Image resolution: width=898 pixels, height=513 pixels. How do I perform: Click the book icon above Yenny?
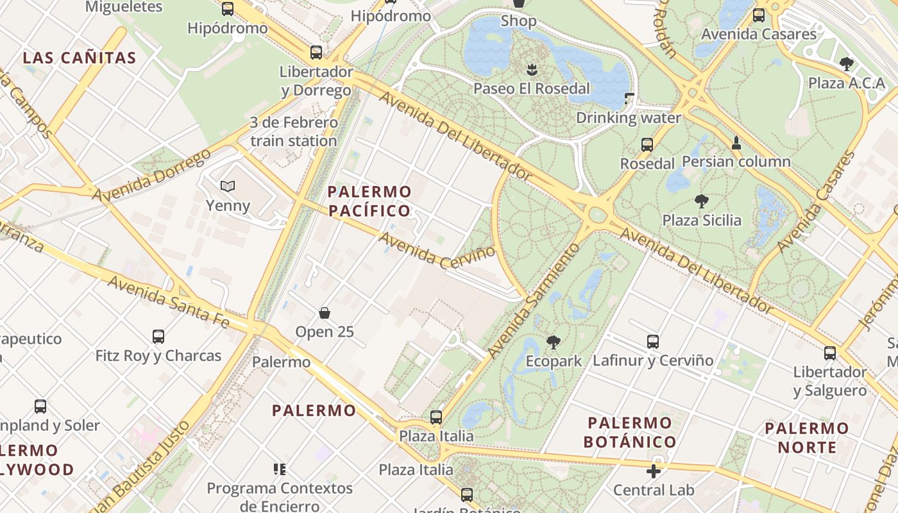pyautogui.click(x=228, y=186)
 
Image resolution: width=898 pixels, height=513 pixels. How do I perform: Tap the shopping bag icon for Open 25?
pyautogui.click(x=325, y=313)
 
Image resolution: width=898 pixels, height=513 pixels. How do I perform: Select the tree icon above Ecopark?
pyautogui.click(x=554, y=342)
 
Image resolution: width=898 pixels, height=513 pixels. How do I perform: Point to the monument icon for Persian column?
pyautogui.click(x=736, y=142)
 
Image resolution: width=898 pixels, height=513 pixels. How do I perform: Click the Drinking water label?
pyautogui.click(x=629, y=118)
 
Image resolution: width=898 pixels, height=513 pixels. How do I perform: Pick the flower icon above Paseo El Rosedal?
pyautogui.click(x=531, y=69)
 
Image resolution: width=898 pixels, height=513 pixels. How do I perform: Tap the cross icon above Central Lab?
pyautogui.click(x=654, y=471)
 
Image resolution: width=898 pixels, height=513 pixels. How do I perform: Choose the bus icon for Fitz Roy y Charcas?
pyautogui.click(x=158, y=336)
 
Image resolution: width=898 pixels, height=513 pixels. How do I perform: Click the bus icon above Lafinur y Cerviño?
pyautogui.click(x=653, y=342)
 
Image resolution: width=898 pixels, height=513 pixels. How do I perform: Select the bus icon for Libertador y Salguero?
pyautogui.click(x=830, y=353)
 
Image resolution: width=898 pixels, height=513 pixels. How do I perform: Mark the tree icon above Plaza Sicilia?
pyautogui.click(x=702, y=201)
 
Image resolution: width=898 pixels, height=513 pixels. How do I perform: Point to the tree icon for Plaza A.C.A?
pyautogui.click(x=847, y=63)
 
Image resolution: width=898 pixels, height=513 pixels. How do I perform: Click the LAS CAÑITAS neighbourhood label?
pyautogui.click(x=80, y=58)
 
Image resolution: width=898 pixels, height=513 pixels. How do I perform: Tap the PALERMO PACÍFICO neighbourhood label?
pyautogui.click(x=369, y=201)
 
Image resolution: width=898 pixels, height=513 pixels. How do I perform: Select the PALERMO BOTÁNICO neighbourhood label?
pyautogui.click(x=630, y=432)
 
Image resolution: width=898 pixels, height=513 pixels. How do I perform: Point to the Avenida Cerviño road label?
pyautogui.click(x=437, y=251)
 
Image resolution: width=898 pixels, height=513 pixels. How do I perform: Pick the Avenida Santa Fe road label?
pyautogui.click(x=168, y=301)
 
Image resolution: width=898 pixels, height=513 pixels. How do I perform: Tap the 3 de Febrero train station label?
pyautogui.click(x=294, y=131)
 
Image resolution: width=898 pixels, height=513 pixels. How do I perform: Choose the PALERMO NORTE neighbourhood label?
pyautogui.click(x=807, y=437)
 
